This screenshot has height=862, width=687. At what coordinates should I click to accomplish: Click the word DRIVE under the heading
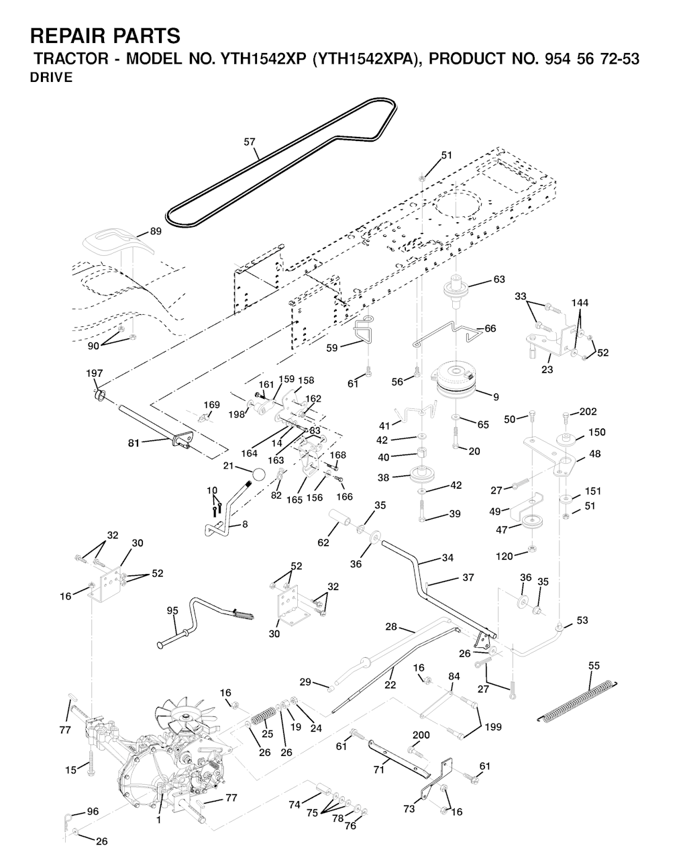pyautogui.click(x=52, y=77)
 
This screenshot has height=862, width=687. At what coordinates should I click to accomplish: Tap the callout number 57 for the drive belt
pyautogui.click(x=250, y=142)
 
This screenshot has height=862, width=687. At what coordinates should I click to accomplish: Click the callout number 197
pyautogui.click(x=95, y=373)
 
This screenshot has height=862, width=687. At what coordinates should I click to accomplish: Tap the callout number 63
pyautogui.click(x=498, y=279)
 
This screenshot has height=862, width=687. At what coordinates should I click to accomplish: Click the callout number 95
pyautogui.click(x=172, y=610)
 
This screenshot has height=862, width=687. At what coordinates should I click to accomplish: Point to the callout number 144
pyautogui.click(x=580, y=303)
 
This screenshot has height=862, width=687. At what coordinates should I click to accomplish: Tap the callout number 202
pyautogui.click(x=588, y=412)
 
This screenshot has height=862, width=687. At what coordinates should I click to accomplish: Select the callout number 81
pyautogui.click(x=134, y=442)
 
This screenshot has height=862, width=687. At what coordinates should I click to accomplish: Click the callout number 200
pyautogui.click(x=421, y=735)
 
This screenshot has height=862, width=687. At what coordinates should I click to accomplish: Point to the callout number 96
pyautogui.click(x=93, y=812)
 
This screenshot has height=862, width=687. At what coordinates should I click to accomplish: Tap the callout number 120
pyautogui.click(x=504, y=556)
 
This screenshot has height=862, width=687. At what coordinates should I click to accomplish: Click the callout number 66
pyautogui.click(x=490, y=328)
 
